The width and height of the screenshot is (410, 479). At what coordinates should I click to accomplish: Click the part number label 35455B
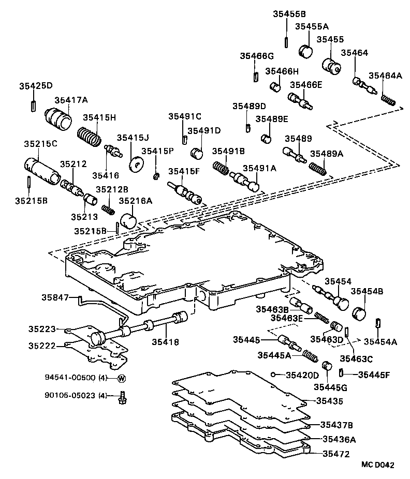click(x=289, y=14)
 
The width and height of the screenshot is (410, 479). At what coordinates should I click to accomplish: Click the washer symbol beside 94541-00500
click(x=122, y=378)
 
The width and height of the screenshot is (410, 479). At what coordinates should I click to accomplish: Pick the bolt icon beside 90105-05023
click(x=122, y=397)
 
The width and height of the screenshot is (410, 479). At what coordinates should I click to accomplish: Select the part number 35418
click(x=165, y=342)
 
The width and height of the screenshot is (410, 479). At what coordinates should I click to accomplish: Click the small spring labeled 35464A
click(x=388, y=98)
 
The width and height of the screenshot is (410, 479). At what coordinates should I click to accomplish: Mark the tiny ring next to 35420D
click(x=273, y=374)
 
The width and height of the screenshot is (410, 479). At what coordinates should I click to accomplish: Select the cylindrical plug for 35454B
click(x=359, y=313)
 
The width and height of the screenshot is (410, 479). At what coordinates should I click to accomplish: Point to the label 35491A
click(x=259, y=168)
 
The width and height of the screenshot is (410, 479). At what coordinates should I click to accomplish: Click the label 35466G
click(x=256, y=56)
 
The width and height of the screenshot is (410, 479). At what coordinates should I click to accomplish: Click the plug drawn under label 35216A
click(x=128, y=221)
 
